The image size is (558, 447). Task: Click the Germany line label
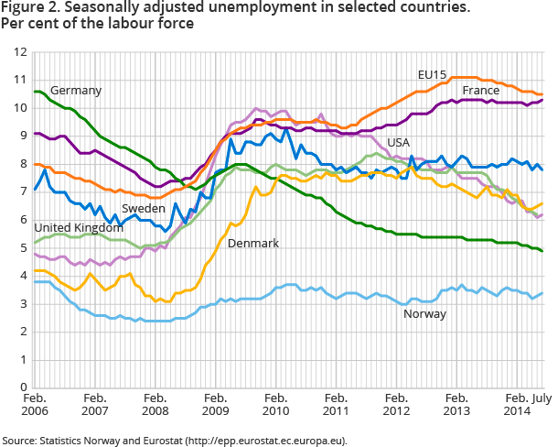[x=76, y=91]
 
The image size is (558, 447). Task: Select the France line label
[x=480, y=91]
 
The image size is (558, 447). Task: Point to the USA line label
[x=398, y=143]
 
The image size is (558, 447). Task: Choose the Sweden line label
[x=143, y=209]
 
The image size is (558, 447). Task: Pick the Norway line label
[x=424, y=314]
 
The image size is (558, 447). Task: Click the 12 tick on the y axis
[x=20, y=51]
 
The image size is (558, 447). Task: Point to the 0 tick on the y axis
[x=23, y=387]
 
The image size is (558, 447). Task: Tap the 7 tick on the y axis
[x=23, y=191]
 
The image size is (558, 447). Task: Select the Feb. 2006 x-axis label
[x=35, y=407]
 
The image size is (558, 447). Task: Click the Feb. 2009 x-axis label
[x=215, y=407]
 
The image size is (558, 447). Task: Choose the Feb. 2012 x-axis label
[x=396, y=407]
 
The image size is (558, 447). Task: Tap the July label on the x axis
[x=543, y=400]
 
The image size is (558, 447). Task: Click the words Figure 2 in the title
[x=31, y=8]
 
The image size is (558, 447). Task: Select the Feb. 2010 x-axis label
[x=275, y=407]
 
